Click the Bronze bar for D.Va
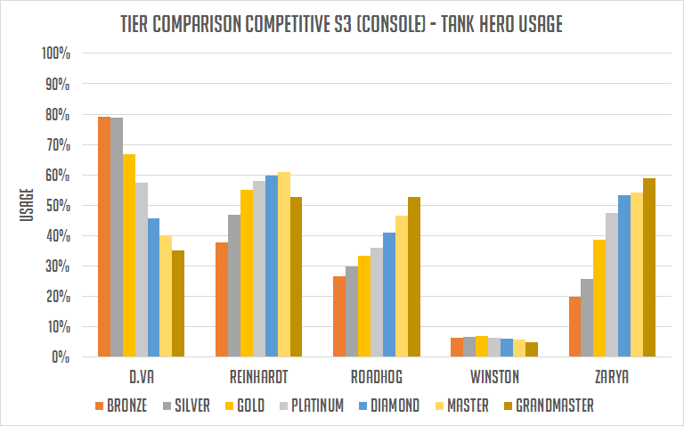point(104,237)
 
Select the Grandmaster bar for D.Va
point(178,304)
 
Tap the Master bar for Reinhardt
point(284,265)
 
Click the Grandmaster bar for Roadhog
point(414,277)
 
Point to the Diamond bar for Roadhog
point(389,295)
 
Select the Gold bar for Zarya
point(599,299)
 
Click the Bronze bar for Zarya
point(574,327)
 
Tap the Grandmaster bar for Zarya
point(649,267)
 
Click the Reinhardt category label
point(258,377)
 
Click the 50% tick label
point(58,206)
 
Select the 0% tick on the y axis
point(62,357)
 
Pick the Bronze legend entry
point(122,406)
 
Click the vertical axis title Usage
point(27,206)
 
